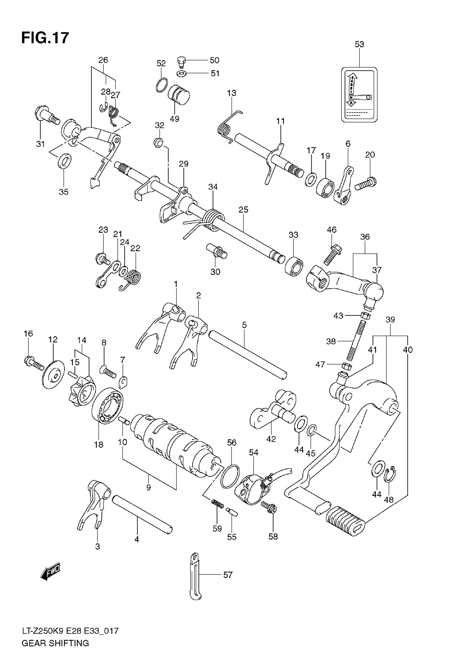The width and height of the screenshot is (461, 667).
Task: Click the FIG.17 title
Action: coord(45,38)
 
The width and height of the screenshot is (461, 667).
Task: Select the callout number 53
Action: coord(359,44)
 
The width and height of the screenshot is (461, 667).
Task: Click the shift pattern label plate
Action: coord(359,95)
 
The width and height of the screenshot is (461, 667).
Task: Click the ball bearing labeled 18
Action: coord(107,405)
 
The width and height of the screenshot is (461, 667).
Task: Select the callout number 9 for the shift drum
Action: coord(148,488)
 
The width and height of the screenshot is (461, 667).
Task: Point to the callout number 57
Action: coord(228,575)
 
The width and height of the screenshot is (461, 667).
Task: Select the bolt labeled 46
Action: coord(333,254)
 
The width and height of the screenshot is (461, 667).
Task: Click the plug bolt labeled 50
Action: coord(181,61)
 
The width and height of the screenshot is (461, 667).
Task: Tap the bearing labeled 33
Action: coord(294,266)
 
